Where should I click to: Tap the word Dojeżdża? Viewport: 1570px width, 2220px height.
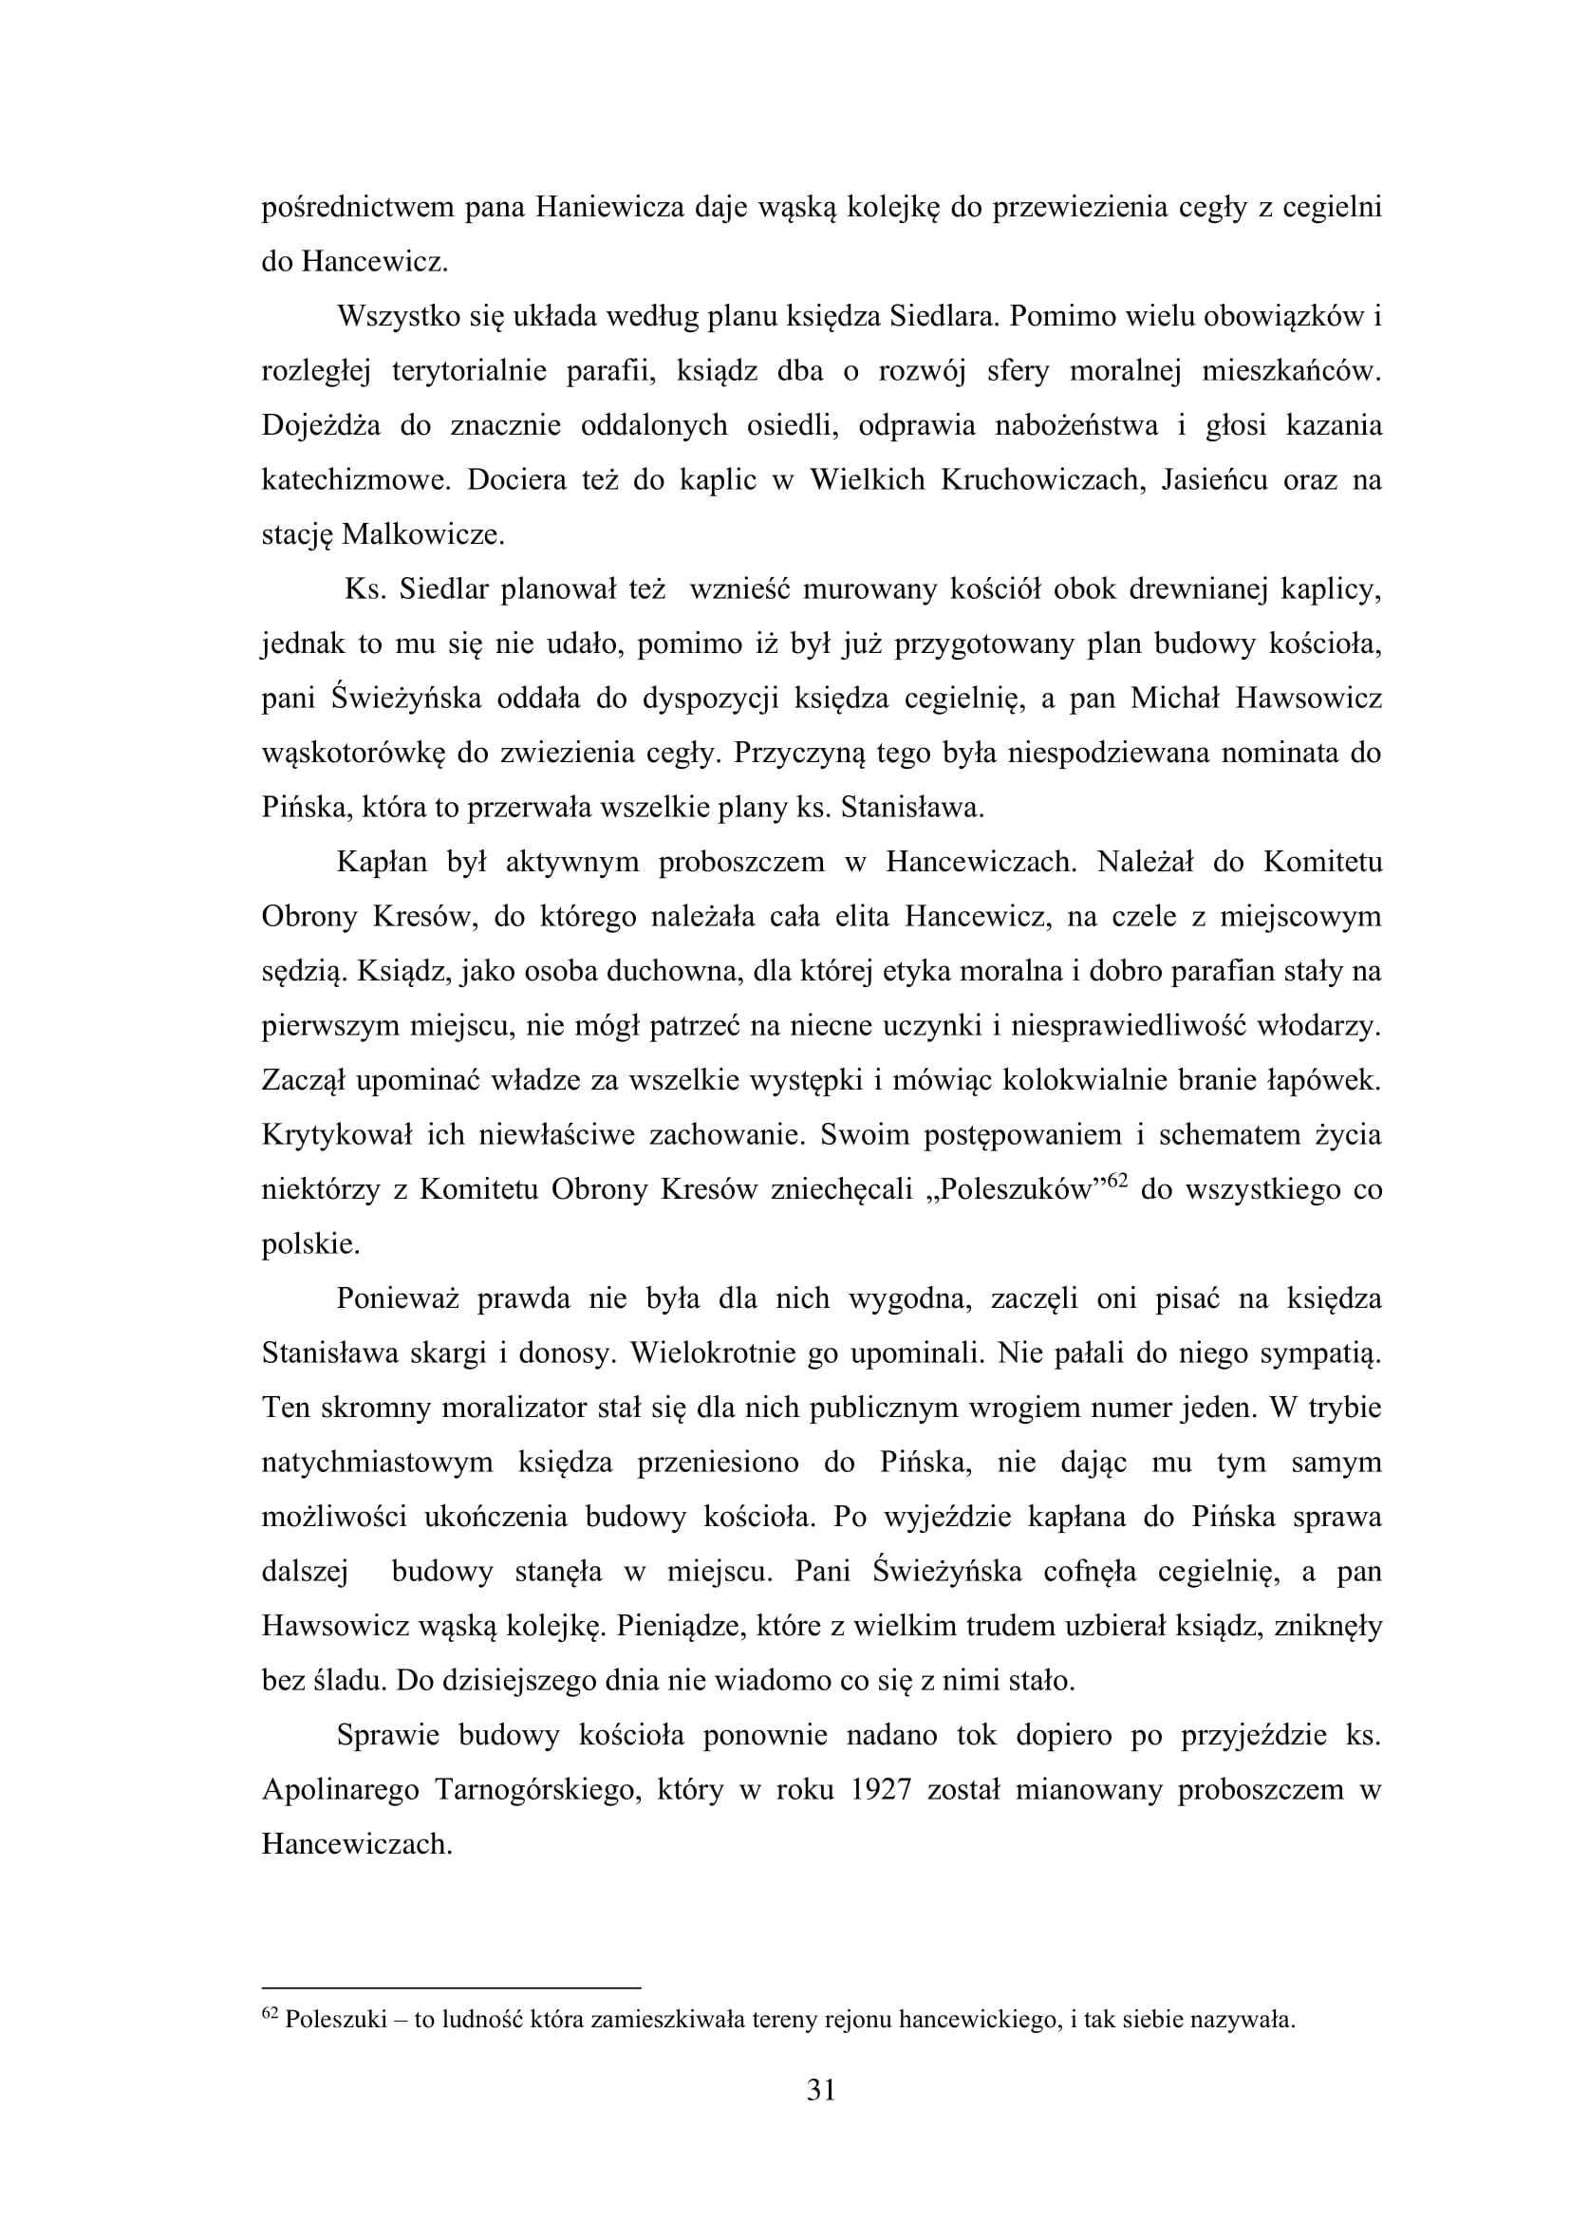click(x=318, y=426)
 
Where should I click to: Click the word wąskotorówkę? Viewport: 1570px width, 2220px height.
click(x=353, y=754)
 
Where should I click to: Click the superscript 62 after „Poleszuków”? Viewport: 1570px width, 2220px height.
click(x=1117, y=1179)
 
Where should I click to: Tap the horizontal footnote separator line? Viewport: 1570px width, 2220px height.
click(x=452, y=1988)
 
